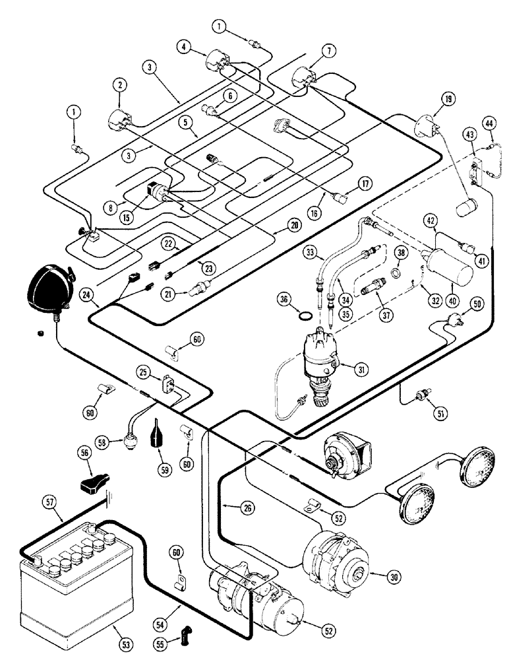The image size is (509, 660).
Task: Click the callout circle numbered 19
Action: (x=448, y=100)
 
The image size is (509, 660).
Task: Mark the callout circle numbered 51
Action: (x=436, y=414)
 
